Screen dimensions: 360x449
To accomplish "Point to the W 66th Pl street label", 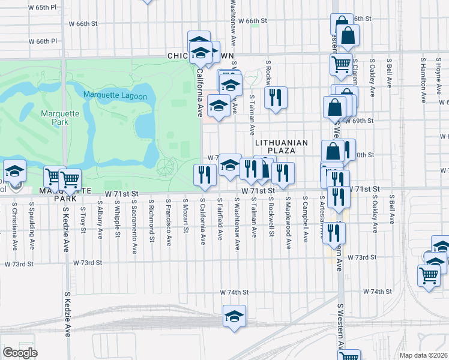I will (x=44, y=41).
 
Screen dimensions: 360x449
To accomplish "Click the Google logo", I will (x=20, y=353).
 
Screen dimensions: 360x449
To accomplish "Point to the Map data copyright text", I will (x=423, y=355).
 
